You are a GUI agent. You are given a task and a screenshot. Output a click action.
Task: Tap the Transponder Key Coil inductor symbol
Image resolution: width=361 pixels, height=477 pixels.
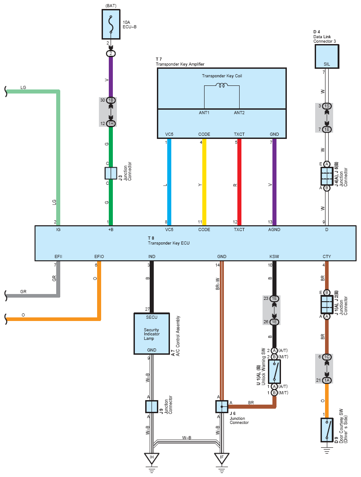222,85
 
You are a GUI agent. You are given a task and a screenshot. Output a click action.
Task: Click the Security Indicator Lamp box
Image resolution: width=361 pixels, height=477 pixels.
152,334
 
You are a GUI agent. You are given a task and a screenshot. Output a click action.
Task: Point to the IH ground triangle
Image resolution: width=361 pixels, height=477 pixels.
152,458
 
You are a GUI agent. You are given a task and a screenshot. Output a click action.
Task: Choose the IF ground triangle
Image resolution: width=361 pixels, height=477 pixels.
221,458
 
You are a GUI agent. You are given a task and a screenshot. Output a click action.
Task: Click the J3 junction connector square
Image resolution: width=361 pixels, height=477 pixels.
111,174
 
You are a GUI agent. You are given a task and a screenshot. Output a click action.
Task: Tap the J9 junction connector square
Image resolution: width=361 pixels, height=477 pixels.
152,406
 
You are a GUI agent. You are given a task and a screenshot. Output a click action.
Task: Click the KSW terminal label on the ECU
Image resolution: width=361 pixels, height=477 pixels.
274,257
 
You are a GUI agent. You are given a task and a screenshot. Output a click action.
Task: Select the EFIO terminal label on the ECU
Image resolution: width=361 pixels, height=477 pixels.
99,257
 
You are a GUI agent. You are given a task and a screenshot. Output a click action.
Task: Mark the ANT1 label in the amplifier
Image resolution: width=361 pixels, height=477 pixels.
204,112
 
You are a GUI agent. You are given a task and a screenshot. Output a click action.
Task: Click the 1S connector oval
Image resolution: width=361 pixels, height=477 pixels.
327,106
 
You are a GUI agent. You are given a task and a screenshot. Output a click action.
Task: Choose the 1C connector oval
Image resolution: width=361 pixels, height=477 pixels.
327,357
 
